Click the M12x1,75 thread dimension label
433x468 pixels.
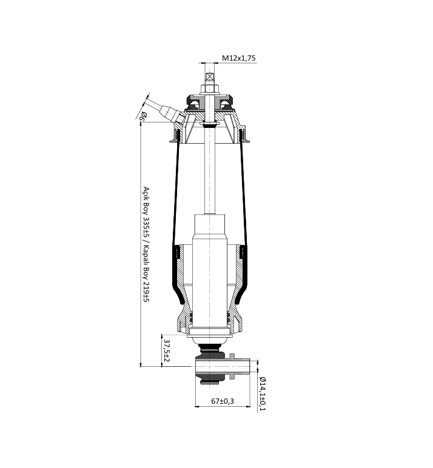point(238,58)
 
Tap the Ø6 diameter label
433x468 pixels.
point(143,116)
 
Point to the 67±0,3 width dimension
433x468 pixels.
point(223,401)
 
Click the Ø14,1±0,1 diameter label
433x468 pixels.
point(263,393)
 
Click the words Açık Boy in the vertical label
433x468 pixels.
point(146,199)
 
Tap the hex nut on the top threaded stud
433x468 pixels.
point(210,88)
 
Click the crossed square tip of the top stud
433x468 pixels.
point(210,77)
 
